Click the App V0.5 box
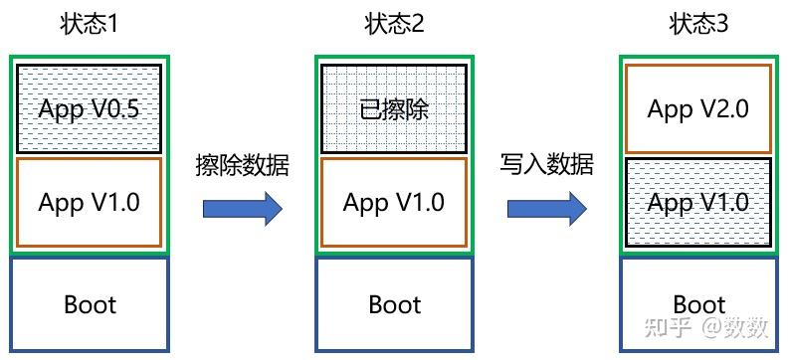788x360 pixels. click(90, 108)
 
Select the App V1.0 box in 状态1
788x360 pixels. click(90, 202)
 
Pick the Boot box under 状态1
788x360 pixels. click(90, 303)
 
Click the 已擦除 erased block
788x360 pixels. click(394, 108)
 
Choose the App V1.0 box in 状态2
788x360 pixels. click(394, 202)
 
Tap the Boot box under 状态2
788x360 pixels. click(395, 303)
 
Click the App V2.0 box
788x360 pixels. click(697, 108)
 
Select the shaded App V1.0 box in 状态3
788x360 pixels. click(697, 202)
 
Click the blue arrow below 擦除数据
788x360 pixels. click(243, 209)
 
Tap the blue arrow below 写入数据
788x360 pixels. click(546, 209)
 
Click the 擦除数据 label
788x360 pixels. click(242, 166)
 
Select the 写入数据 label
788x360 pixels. click(546, 164)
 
